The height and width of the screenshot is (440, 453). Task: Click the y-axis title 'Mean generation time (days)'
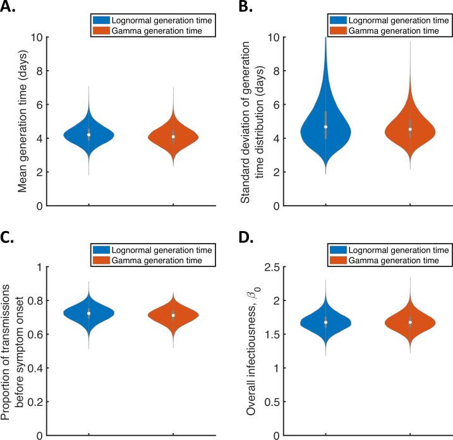[23, 121]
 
